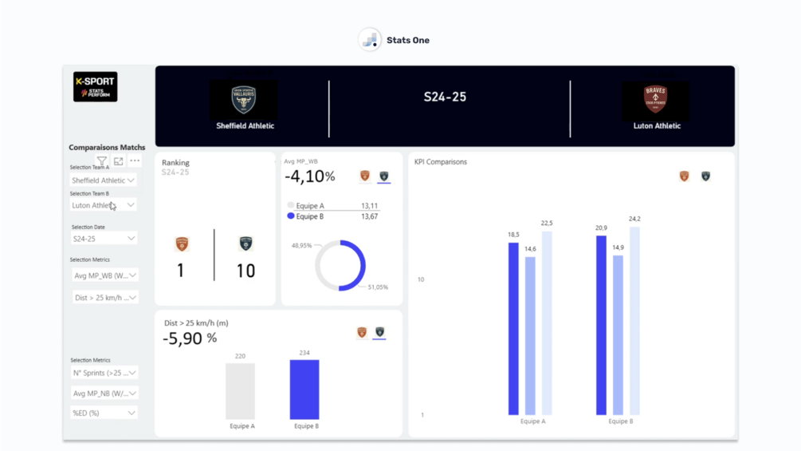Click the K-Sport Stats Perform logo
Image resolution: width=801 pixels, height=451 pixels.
coord(95,87)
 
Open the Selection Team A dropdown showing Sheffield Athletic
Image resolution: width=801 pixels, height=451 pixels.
coord(104,180)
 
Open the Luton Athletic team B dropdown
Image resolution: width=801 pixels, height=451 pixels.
coord(104,205)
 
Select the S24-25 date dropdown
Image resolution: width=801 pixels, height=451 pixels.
coord(104,239)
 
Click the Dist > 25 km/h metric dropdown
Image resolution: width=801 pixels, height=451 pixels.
coord(104,298)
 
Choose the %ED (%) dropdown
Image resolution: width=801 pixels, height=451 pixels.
coord(104,413)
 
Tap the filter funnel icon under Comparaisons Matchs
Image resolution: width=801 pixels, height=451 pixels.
coord(102,161)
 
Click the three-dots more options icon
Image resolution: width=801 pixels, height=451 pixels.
coord(135,161)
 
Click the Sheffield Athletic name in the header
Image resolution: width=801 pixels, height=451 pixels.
coord(245,126)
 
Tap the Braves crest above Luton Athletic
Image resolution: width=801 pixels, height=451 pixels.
coord(655,99)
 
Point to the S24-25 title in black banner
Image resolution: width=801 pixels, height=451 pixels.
coord(445,97)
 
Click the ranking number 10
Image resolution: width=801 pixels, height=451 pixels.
coord(245,271)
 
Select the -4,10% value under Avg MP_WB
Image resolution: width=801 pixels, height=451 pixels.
coord(310,176)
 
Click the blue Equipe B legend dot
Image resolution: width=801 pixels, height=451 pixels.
coord(291,216)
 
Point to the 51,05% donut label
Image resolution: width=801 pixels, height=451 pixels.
coord(377,287)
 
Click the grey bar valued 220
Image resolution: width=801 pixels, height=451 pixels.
coord(240,391)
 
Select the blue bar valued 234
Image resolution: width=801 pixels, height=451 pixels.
coord(304,390)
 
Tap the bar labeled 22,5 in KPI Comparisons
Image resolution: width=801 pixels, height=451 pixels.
coord(547,322)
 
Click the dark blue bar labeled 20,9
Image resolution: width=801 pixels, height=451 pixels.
coord(601,325)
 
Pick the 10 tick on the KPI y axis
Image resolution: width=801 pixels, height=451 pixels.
coord(421,279)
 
